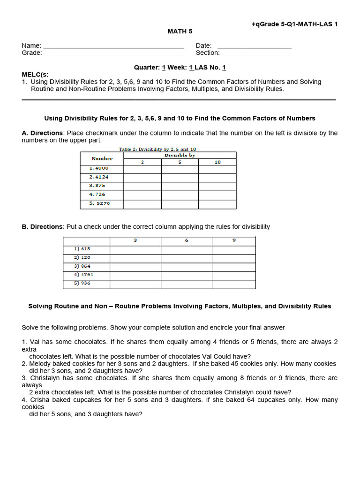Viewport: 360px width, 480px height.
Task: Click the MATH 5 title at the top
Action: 180,31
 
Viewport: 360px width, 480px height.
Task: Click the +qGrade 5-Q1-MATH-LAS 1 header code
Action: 294,24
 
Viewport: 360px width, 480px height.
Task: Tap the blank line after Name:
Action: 113,46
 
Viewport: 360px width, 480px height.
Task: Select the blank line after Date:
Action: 255,46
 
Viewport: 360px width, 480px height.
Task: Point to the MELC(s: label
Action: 35,75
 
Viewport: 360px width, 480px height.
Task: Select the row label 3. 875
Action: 97,186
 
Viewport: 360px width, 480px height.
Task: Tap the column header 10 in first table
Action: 217,162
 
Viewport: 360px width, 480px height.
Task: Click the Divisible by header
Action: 180,155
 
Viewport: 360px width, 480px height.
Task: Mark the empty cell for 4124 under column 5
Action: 180,178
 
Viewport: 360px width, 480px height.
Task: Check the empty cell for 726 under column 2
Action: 142,195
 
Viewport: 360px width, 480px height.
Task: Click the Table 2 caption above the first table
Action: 157,149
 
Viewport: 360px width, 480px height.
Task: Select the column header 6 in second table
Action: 187,240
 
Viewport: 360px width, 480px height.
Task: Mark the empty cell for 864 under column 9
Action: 234,267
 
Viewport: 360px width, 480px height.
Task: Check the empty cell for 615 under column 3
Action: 135,249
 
